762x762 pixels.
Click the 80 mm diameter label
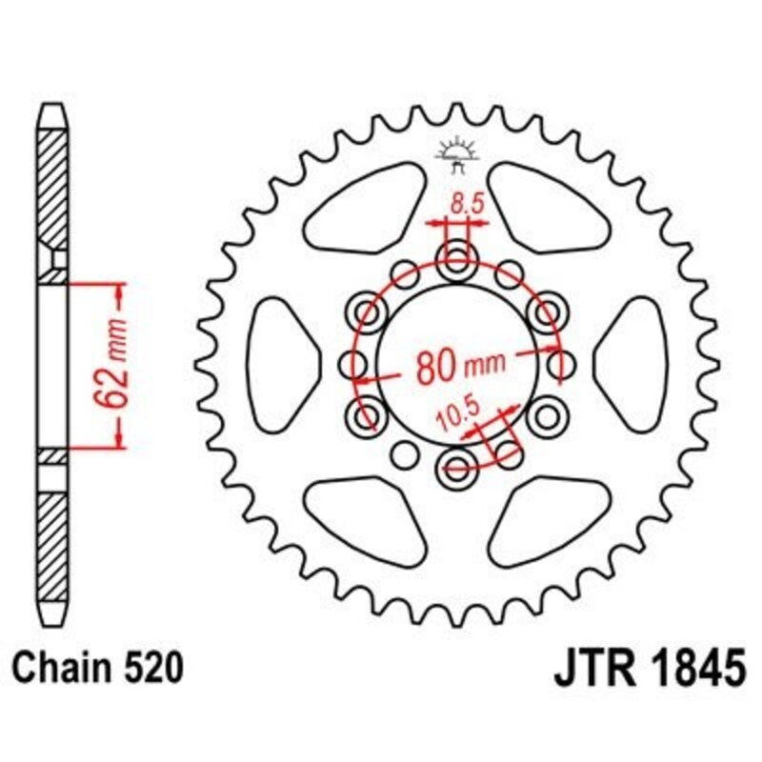pos(448,365)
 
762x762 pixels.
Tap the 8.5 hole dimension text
pos(464,202)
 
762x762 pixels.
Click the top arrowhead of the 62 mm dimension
pos(120,291)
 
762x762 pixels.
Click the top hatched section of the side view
pos(53,190)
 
